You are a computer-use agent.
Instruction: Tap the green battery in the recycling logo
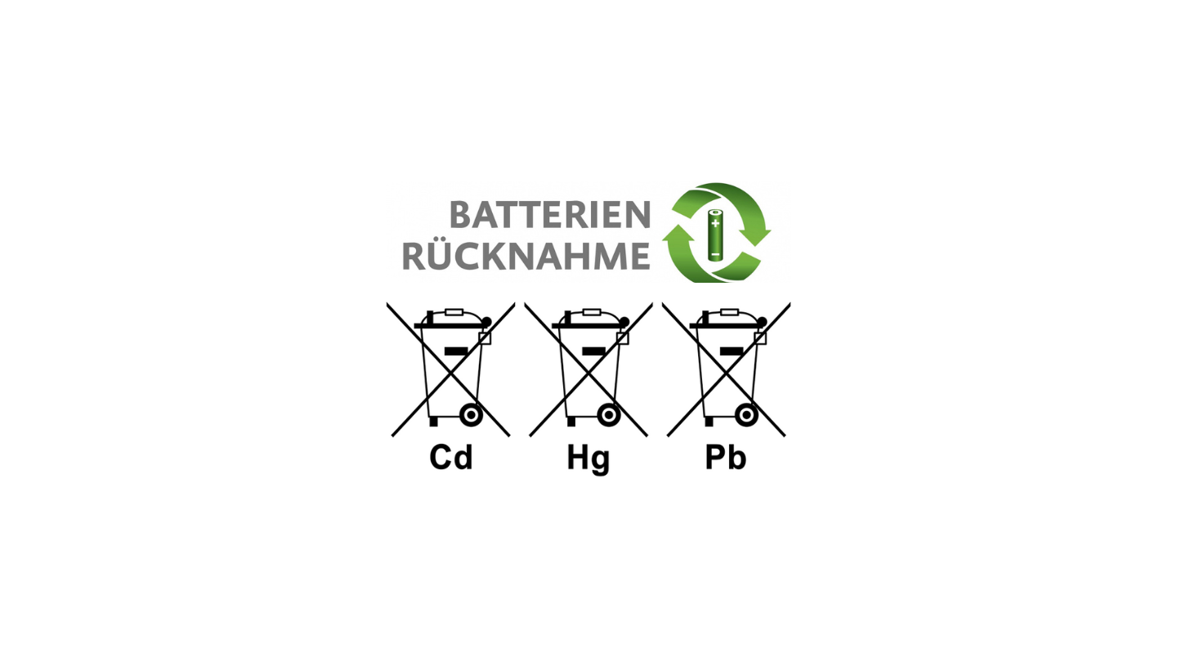point(714,235)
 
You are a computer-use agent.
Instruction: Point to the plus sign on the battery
point(715,223)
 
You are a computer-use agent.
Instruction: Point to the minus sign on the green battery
point(714,255)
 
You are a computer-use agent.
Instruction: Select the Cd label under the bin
point(451,457)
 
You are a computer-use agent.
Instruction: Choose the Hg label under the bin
point(588,458)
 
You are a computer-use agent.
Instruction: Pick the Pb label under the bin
point(726,457)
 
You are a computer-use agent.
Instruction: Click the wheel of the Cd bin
point(471,415)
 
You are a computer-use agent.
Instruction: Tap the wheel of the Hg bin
point(608,415)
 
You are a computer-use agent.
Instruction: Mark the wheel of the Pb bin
point(746,415)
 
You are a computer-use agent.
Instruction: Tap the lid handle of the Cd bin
point(454,312)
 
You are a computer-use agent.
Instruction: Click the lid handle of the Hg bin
point(592,312)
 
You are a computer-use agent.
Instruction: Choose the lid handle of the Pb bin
point(729,312)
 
